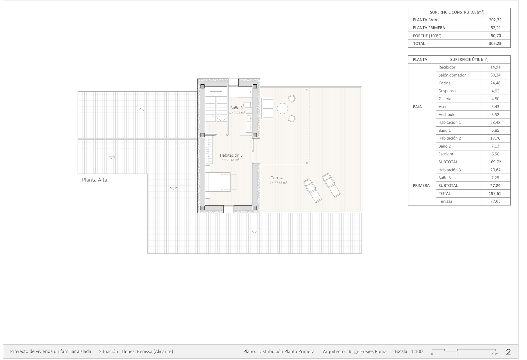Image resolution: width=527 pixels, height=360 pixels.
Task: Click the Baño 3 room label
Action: coord(236,108)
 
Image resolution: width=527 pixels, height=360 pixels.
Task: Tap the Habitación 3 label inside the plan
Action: coord(231,155)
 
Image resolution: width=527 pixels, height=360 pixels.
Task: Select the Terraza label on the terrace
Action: coord(278,178)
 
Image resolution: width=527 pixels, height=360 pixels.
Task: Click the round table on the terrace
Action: coord(283,109)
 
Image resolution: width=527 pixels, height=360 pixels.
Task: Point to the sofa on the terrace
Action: coord(267,108)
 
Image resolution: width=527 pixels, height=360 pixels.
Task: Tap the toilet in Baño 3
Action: coord(248,104)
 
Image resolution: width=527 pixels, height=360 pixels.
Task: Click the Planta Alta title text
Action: coord(95,180)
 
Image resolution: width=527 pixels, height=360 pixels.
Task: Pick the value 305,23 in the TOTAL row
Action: coord(495,43)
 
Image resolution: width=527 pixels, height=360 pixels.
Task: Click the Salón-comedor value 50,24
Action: coord(495,75)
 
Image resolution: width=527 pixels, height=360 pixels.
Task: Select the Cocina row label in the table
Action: coord(444,83)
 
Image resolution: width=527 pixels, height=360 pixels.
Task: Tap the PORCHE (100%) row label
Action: coord(427,36)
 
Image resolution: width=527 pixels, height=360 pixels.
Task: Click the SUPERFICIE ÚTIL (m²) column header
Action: coord(469,59)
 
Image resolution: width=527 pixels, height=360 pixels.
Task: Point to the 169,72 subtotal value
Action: coord(495,162)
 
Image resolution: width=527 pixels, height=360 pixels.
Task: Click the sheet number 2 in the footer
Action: coord(508,352)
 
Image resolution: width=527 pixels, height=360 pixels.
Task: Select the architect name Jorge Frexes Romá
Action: coord(367,352)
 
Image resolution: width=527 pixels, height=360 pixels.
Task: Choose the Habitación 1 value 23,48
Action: coord(495,122)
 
